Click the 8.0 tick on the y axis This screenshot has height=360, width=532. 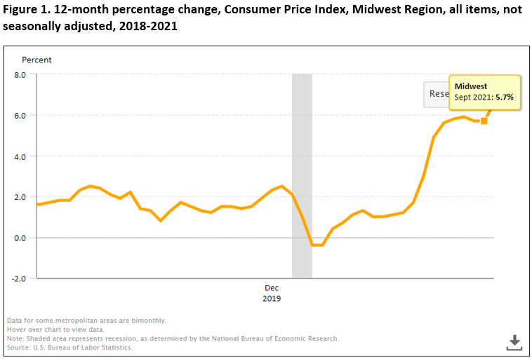[x=18, y=74]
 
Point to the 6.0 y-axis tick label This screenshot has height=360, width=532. [x=18, y=115]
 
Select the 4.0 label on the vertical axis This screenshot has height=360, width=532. [x=18, y=156]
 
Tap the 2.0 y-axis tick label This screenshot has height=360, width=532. [x=18, y=196]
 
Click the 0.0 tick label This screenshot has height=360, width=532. [x=18, y=237]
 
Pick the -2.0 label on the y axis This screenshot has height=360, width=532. [x=16, y=278]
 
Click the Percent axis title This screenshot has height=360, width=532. [x=36, y=60]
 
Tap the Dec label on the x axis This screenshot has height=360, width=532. [x=272, y=288]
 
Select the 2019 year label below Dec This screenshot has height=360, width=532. [x=272, y=298]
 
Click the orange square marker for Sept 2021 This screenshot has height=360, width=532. [x=484, y=121]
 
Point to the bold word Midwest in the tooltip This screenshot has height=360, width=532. [x=471, y=86]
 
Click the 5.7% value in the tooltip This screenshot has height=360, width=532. [x=505, y=97]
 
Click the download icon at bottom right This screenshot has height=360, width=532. [x=514, y=342]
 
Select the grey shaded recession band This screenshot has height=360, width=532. [x=302, y=175]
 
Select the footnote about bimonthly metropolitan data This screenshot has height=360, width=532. [x=86, y=320]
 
